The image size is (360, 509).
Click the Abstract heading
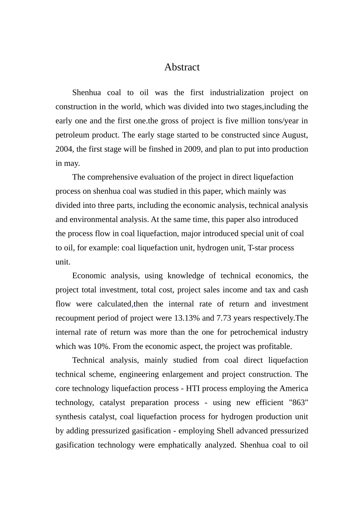pos(182,67)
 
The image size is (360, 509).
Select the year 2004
pos(64,149)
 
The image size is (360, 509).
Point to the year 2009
pos(193,149)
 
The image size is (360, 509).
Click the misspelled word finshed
pos(160,149)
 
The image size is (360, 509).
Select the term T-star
pos(257,248)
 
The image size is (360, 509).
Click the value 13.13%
pos(185,318)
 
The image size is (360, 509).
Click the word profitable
pos(275,346)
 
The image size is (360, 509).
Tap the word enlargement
pos(183,374)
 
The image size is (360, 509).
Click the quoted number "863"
pos(298,402)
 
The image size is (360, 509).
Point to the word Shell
pos(226,431)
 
